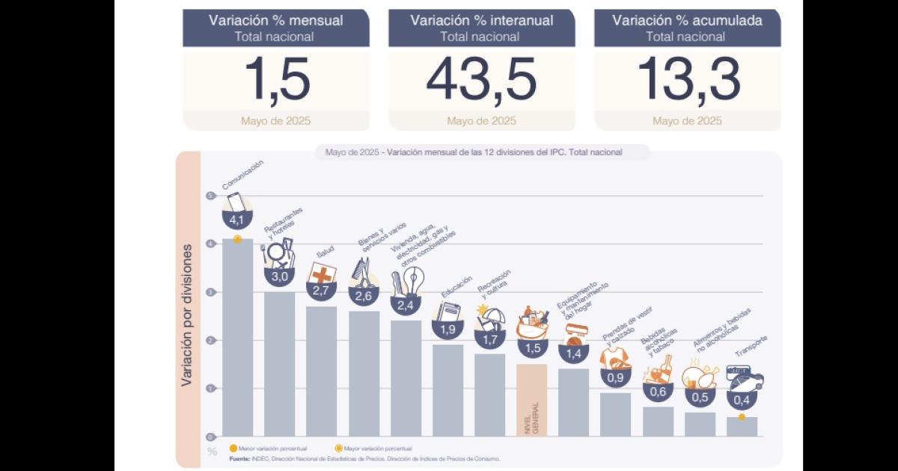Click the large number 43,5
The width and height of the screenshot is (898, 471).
point(481,79)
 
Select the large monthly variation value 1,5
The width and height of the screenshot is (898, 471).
point(276,79)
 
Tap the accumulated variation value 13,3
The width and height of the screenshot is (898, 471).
point(688,79)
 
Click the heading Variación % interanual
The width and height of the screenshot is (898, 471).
point(481,20)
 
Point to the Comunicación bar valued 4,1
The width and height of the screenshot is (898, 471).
point(237,336)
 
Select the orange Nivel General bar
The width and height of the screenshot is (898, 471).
point(531,400)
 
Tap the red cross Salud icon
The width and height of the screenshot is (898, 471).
point(322,274)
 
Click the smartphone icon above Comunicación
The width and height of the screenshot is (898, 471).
point(236,202)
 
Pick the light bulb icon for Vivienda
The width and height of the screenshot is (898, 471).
point(412,283)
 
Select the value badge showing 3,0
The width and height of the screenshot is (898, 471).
point(279,277)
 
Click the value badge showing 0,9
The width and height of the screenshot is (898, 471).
point(615,378)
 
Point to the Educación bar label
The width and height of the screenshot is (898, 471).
point(456,286)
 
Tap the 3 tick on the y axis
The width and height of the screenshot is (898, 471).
point(210,292)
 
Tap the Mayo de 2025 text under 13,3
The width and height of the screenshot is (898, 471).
point(687,120)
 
